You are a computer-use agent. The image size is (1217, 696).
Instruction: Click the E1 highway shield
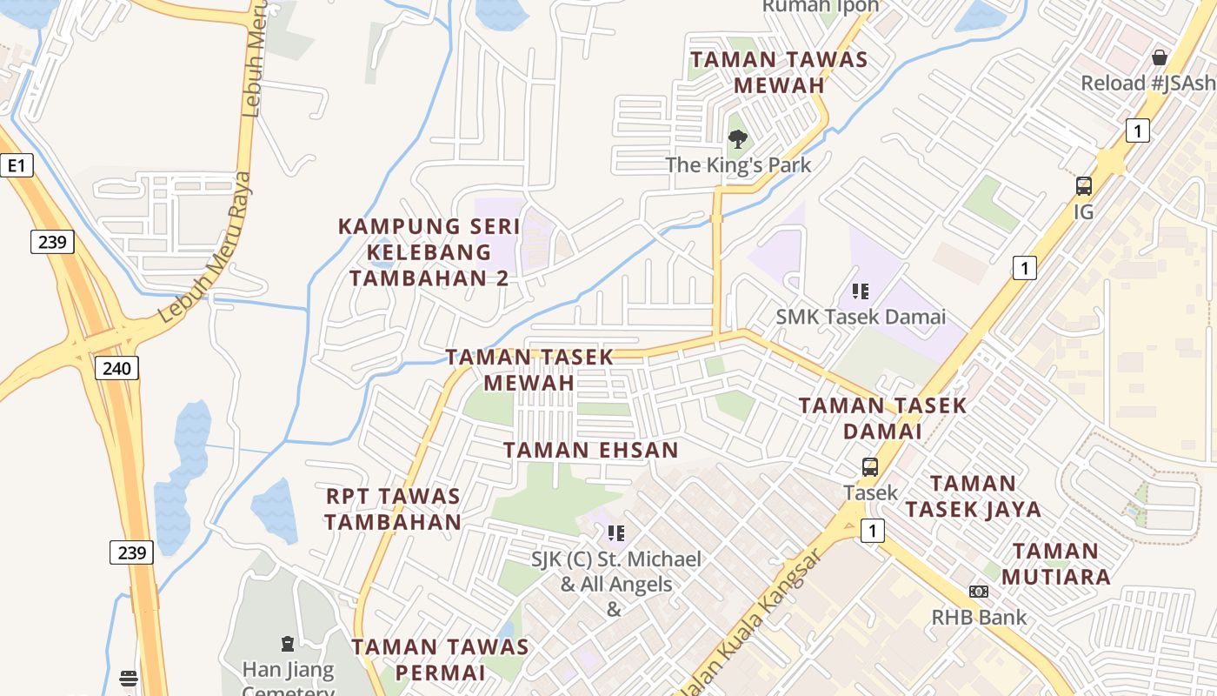coord(16,165)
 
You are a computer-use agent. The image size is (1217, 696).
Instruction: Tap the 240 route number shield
coord(116,368)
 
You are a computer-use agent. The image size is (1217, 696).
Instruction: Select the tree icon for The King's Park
coord(737,138)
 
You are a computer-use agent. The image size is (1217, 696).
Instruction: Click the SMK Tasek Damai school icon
coord(861,291)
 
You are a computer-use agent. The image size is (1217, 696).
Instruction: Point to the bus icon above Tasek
coord(870,467)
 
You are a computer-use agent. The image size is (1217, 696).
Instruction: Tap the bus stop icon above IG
coord(1083,185)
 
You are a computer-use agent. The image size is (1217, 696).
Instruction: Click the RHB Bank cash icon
coord(979,592)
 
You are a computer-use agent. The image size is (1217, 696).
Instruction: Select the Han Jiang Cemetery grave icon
coord(288,644)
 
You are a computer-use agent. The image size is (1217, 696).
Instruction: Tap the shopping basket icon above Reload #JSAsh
coord(1159,58)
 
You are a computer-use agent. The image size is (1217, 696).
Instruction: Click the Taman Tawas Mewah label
coord(779,72)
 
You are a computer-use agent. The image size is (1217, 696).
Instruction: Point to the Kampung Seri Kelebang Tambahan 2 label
coord(429,252)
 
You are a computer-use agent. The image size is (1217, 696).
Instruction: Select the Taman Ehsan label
coord(590,450)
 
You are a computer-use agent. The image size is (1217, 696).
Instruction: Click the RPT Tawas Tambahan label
coord(393,509)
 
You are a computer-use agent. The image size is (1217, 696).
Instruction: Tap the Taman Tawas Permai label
coord(440,659)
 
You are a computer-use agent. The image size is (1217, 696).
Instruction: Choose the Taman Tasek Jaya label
coord(973,496)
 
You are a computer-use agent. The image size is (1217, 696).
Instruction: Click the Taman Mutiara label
coord(1056,564)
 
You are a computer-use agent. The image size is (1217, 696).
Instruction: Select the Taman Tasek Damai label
coord(882,418)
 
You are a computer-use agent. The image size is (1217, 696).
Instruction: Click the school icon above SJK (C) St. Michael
coord(616,532)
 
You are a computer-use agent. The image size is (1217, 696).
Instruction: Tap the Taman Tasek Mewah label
coord(529,370)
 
